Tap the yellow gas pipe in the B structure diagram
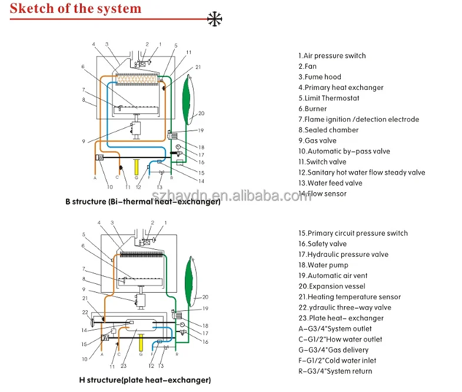tap(137, 166)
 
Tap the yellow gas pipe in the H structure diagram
tap(141, 340)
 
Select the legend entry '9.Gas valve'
tap(317, 140)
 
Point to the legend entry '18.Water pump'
tap(323, 265)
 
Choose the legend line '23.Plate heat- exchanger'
tap(341, 318)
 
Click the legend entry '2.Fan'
tap(307, 66)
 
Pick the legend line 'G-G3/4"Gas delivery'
tap(333, 350)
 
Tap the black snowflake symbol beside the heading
tap(216, 18)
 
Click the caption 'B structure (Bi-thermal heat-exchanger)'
tap(142, 202)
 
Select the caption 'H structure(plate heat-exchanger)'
tap(145, 380)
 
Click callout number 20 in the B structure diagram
tap(201, 113)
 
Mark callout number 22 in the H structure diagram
tap(85, 311)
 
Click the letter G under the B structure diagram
tap(137, 177)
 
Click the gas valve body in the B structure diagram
tap(137, 130)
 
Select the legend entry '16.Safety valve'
tap(323, 244)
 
